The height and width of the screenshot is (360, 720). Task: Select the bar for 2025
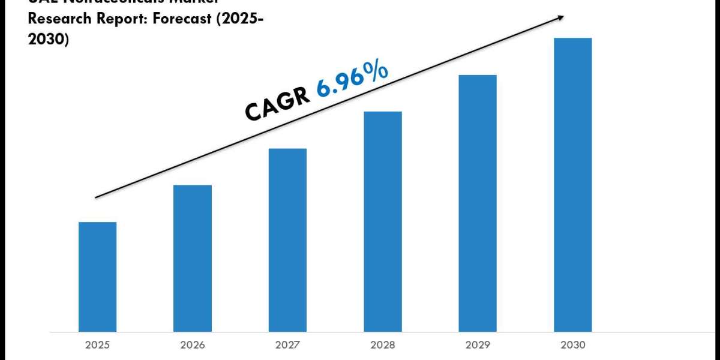tap(98, 277)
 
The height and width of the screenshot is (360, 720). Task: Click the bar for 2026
tap(193, 258)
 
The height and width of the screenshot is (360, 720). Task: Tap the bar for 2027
tap(287, 240)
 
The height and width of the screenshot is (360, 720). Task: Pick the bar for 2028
tap(383, 221)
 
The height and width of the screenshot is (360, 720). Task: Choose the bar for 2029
tap(478, 203)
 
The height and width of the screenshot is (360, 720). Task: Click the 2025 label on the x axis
tap(98, 345)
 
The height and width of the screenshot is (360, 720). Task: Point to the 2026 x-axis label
tap(193, 345)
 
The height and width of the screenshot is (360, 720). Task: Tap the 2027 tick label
tap(287, 345)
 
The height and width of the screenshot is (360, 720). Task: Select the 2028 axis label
tap(383, 345)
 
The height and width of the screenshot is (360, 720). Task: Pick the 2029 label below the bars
tap(478, 345)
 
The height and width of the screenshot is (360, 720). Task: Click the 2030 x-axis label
tap(572, 345)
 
